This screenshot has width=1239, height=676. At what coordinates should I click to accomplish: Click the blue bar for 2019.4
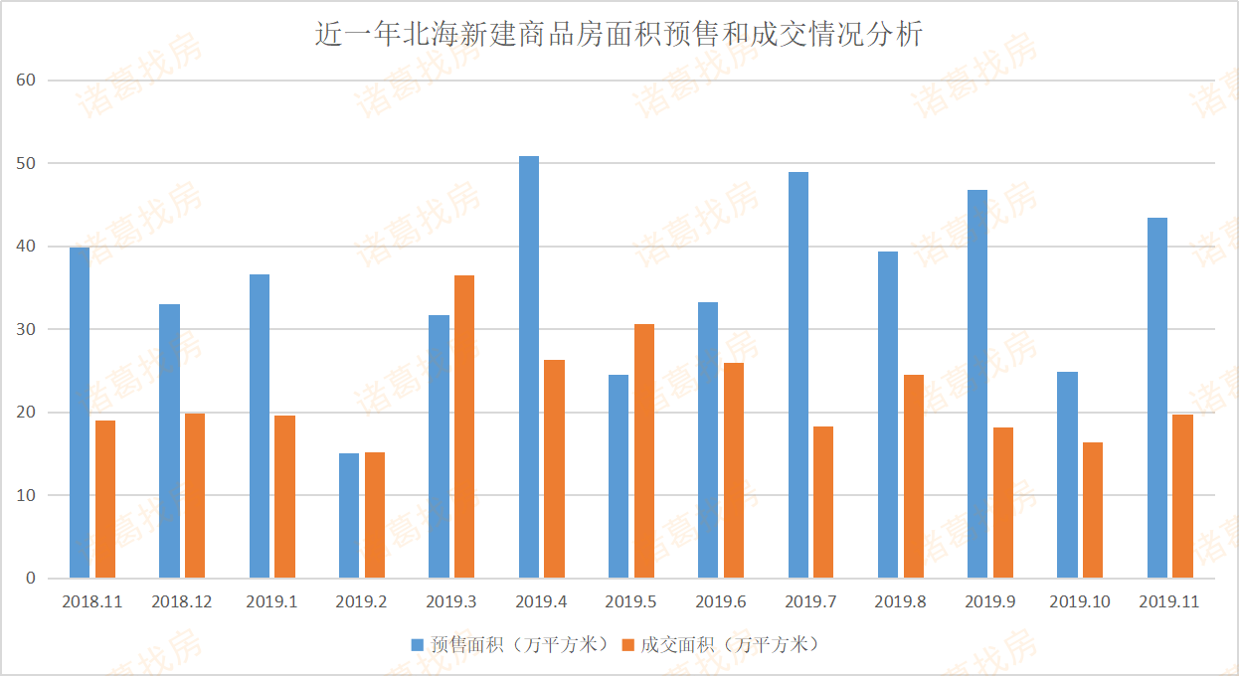tap(529, 367)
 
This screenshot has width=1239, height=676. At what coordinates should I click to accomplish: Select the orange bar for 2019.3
tap(464, 426)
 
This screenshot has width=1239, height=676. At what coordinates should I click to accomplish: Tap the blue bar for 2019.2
tap(349, 515)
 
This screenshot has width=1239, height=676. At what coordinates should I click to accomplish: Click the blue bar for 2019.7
tap(798, 375)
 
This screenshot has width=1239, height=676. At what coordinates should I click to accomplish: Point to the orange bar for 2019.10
tap(1093, 510)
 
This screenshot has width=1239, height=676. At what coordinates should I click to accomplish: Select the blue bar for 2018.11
tap(80, 413)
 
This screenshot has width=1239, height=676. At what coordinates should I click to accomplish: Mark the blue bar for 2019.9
tap(977, 384)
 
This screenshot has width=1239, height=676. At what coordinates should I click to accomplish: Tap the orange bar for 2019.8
tap(914, 476)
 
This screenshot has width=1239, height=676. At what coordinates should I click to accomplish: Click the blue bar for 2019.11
tap(1157, 398)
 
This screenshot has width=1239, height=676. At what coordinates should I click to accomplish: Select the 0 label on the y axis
tap(31, 578)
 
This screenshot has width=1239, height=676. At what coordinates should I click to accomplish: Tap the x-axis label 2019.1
tap(271, 602)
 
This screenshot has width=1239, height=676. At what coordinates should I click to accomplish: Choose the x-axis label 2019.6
tap(721, 602)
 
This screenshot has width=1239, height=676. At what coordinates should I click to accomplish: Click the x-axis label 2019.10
tap(1079, 602)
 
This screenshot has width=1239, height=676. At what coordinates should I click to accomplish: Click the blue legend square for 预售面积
tap(418, 645)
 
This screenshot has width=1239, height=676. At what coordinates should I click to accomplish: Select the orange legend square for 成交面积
tap(627, 645)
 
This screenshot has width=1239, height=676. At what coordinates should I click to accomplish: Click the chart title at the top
tap(619, 35)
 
